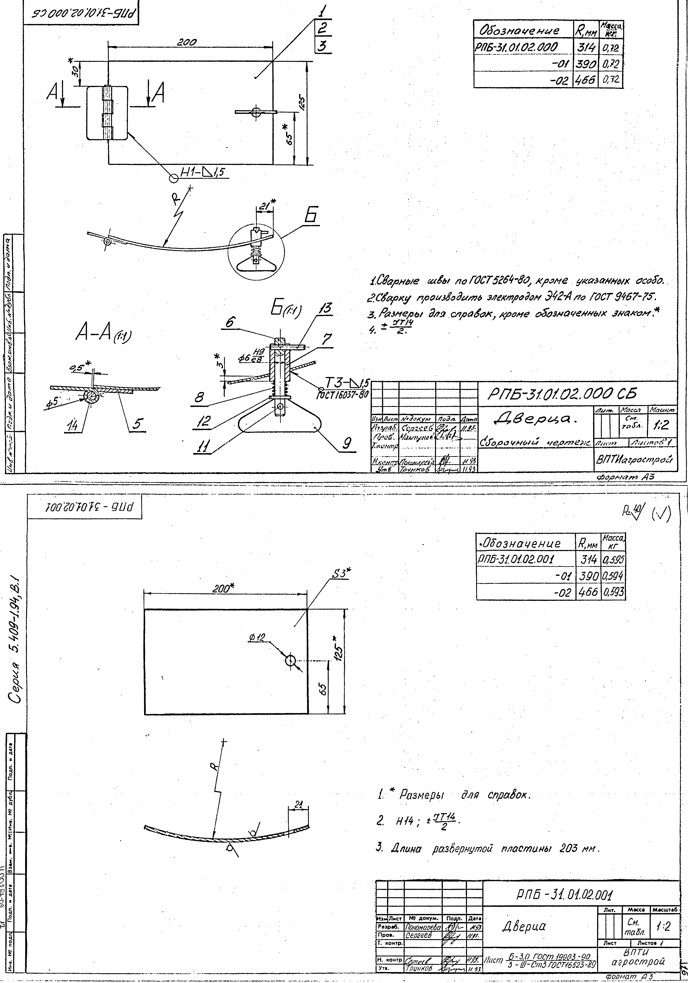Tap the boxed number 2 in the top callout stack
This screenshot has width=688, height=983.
(x=324, y=29)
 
